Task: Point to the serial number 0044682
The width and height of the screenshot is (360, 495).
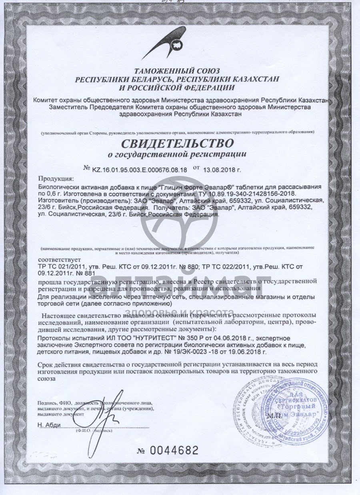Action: pos(174,450)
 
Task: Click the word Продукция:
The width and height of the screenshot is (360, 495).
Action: pos(56,179)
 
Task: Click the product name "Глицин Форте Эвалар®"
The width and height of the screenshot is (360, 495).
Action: pos(192,187)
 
